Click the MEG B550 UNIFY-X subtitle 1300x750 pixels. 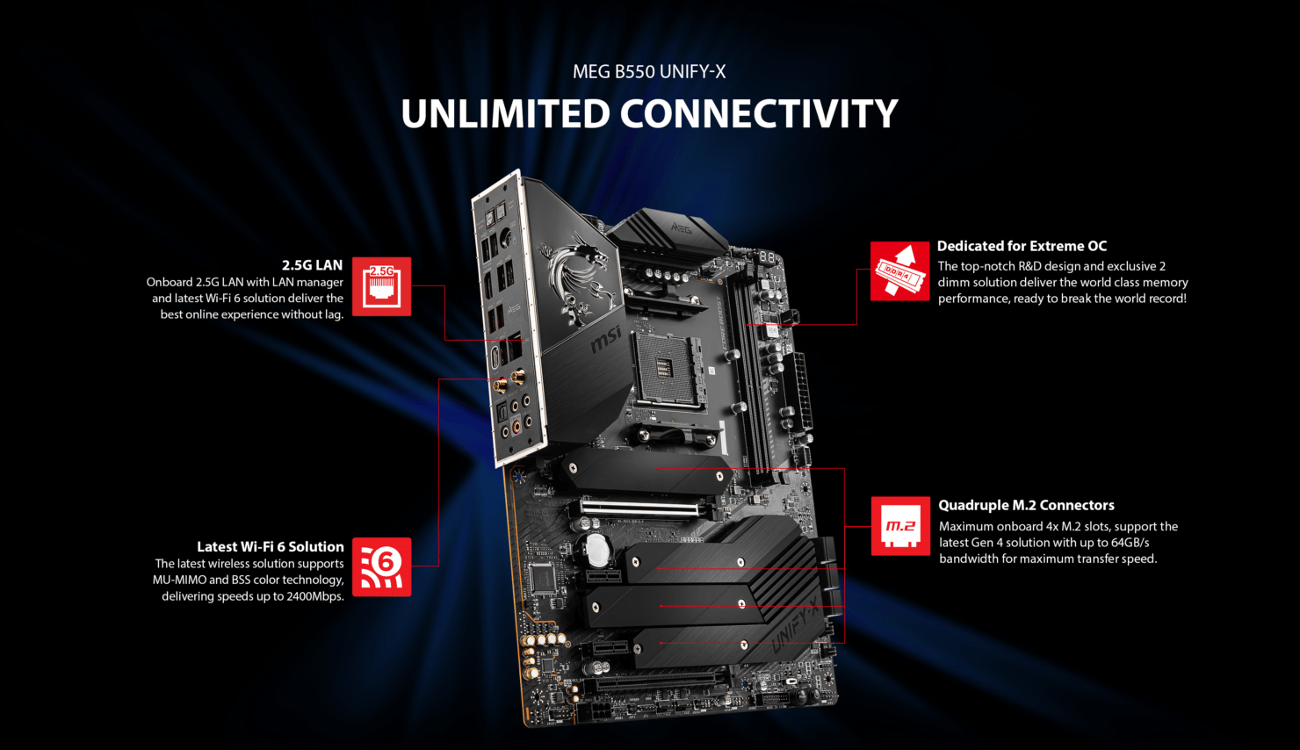[x=649, y=71]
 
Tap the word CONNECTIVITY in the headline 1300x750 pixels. [x=759, y=113]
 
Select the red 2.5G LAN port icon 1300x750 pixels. [x=382, y=286]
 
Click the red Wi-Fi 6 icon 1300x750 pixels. [x=382, y=566]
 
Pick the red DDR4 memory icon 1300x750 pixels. [x=899, y=270]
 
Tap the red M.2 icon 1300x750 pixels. [x=900, y=525]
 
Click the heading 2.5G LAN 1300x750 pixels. [x=312, y=265]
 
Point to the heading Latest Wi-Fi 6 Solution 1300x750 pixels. [x=271, y=546]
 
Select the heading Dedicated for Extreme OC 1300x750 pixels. [x=1022, y=246]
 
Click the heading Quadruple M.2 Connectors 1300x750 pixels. [x=1026, y=505]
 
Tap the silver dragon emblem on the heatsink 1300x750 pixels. [x=577, y=278]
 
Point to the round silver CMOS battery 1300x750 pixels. [x=598, y=550]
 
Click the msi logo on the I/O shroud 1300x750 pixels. [x=606, y=339]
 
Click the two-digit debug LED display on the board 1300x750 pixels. [x=766, y=256]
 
